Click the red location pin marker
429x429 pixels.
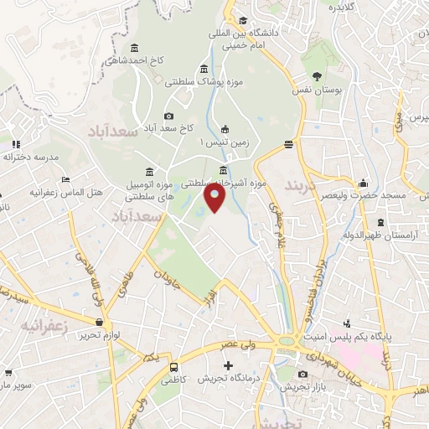[215, 197]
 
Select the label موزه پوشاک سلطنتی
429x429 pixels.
[202, 83]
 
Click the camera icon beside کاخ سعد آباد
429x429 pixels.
[169, 116]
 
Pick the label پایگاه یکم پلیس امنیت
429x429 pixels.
[375, 335]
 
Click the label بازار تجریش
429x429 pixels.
[303, 387]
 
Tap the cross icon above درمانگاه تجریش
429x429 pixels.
[227, 365]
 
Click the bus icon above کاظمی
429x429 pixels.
[173, 367]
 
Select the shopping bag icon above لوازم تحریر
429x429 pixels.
[101, 323]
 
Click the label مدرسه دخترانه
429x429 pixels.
[31, 157]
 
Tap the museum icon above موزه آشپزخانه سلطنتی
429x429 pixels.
[223, 170]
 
